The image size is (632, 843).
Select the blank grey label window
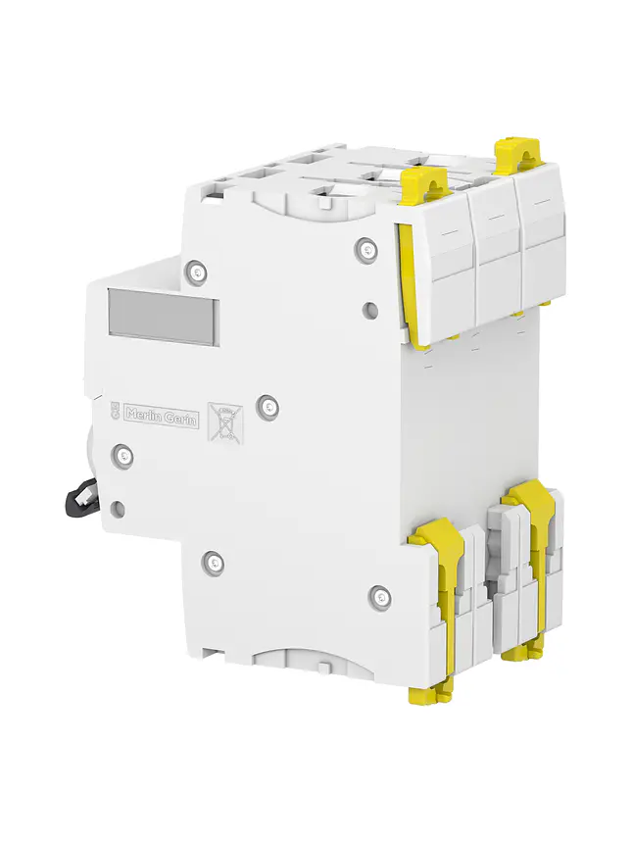[x=162, y=317]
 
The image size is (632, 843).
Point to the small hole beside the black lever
[x=118, y=508]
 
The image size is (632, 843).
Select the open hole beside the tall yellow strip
[x=369, y=310]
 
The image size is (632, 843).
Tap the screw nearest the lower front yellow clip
[x=380, y=594]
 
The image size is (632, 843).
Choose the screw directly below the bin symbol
[x=214, y=562]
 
